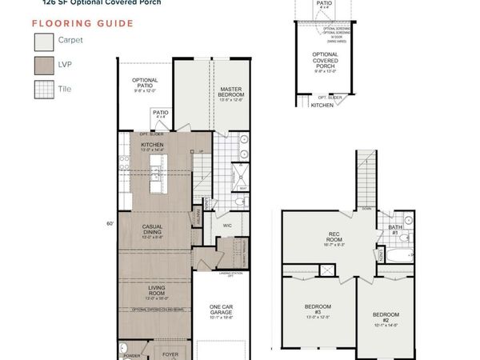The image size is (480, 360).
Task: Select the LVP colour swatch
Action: pos(43,65)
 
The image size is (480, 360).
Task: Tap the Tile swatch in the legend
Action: pos(43,90)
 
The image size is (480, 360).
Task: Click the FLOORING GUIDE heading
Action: pos(82,23)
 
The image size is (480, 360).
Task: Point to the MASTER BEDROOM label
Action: pos(230,94)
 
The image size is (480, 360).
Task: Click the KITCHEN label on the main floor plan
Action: pos(152,146)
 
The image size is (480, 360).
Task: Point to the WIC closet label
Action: pos(226,225)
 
